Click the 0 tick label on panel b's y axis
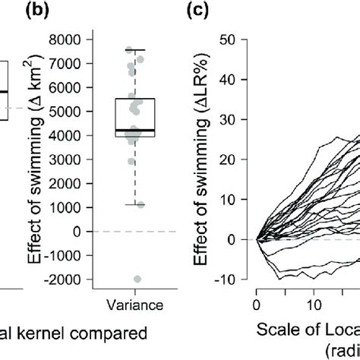[81, 231]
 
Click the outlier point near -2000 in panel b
[137, 279]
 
